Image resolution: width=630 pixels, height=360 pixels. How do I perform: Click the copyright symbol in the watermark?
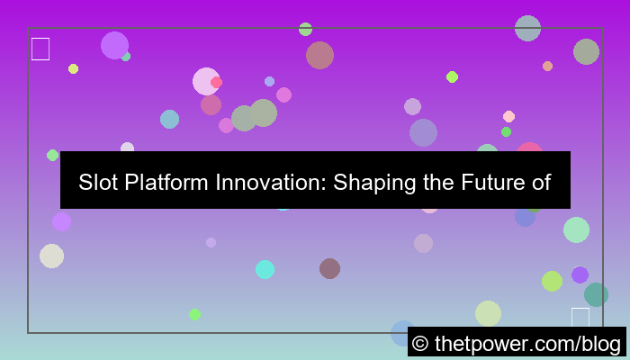click(x=419, y=343)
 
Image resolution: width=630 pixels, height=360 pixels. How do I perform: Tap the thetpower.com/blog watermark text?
click(x=527, y=343)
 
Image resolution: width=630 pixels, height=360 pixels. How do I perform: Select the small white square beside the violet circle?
click(x=40, y=49)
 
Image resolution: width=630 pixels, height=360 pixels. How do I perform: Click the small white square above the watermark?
click(x=580, y=317)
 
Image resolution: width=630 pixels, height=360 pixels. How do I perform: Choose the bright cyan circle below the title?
click(x=265, y=269)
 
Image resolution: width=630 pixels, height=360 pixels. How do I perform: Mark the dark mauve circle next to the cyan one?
click(x=329, y=268)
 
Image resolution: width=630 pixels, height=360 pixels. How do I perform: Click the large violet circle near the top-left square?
click(x=114, y=45)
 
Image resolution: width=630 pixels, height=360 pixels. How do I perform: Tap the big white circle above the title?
click(x=206, y=81)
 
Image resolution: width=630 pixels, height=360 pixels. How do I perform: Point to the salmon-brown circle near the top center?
click(x=319, y=55)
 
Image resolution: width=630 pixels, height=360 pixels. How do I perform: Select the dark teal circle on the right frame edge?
click(x=596, y=294)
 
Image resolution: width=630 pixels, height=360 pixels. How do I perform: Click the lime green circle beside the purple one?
click(x=553, y=281)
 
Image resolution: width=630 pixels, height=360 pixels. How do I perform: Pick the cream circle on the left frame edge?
click(x=51, y=256)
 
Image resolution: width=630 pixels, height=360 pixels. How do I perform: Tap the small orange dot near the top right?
click(x=547, y=66)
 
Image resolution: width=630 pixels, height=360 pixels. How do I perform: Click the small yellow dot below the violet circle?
click(x=73, y=68)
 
